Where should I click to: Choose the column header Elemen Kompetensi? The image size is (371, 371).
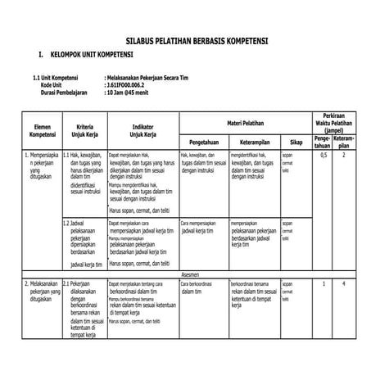tap(41, 129)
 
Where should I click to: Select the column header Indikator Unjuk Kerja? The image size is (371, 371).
tap(143, 129)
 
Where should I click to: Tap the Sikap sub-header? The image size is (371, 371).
tap(296, 141)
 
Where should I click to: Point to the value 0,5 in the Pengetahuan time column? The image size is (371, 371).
tap(323, 155)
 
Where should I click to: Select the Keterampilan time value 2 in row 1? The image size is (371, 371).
tap(345, 155)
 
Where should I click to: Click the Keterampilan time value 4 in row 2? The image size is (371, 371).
tap(345, 283)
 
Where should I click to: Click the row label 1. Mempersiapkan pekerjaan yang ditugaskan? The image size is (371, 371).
tap(41, 166)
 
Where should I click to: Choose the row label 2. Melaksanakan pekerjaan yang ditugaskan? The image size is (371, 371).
tap(39, 291)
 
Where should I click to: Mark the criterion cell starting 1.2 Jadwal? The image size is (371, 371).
tap(84, 242)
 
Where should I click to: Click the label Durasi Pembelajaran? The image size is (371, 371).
tap(65, 93)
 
